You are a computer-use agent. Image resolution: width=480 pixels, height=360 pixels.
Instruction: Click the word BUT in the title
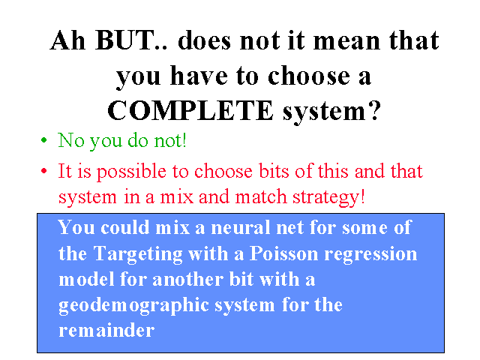(x=125, y=40)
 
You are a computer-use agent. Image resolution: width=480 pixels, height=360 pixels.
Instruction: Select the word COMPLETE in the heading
(x=190, y=110)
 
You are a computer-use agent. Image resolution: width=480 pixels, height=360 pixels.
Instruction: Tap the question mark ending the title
(x=373, y=110)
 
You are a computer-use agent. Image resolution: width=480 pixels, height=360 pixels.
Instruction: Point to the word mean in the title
(x=346, y=40)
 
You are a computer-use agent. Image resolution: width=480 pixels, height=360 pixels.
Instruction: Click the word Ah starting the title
(x=67, y=40)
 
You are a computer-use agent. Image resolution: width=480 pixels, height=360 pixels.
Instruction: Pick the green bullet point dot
(x=44, y=140)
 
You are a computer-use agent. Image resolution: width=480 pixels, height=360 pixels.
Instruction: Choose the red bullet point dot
(x=44, y=171)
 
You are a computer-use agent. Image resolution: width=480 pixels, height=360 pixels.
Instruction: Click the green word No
(x=71, y=140)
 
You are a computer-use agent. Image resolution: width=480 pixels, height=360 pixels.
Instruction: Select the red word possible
(x=132, y=172)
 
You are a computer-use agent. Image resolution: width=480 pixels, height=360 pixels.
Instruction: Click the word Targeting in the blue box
(x=138, y=255)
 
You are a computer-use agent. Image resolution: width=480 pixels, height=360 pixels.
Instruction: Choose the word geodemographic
(x=133, y=305)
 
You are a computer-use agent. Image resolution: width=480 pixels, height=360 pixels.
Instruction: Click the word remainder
(x=106, y=330)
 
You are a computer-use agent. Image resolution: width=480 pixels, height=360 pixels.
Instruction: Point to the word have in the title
(x=199, y=76)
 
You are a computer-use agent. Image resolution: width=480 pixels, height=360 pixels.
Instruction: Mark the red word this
(x=333, y=171)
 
